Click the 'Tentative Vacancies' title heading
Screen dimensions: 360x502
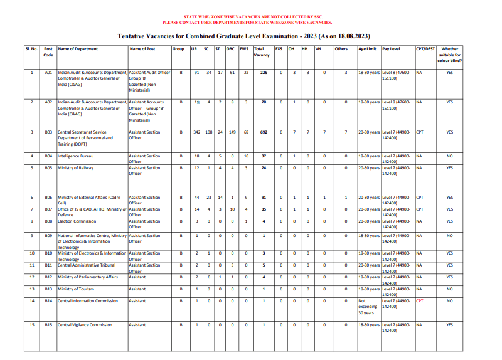(250, 36)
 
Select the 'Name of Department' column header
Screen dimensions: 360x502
(78, 49)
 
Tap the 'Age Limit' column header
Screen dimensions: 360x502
(367, 49)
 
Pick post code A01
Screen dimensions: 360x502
(48, 73)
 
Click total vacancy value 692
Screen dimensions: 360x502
(264, 132)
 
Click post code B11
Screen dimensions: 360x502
(48, 265)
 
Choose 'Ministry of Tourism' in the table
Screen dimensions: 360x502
(76, 289)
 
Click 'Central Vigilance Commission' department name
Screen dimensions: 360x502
(85, 325)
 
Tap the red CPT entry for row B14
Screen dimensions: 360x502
(420, 301)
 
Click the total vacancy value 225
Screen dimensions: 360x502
(264, 73)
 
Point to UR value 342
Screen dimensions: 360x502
(196, 132)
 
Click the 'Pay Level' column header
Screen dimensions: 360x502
(391, 49)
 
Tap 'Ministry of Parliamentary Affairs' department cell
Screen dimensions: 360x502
(88, 277)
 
